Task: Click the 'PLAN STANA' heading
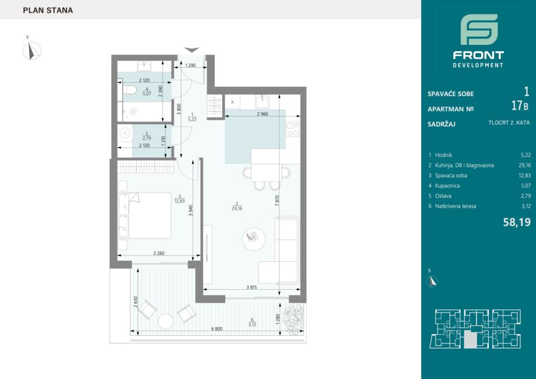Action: tap(48, 10)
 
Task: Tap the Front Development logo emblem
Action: tap(479, 29)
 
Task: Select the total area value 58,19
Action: tap(517, 223)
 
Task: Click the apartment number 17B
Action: tap(520, 106)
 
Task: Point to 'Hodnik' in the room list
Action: tap(443, 155)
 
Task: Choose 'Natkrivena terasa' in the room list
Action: tap(456, 206)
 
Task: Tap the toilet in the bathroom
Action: tap(129, 90)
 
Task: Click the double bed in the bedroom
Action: tap(145, 215)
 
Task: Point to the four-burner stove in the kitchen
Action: tap(293, 129)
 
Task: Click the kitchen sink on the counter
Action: tap(262, 102)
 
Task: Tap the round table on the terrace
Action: tap(166, 321)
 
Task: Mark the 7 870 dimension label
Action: tap(277, 200)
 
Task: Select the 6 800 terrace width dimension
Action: tap(217, 329)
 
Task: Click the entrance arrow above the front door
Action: tap(191, 50)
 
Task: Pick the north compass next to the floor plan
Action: tap(32, 51)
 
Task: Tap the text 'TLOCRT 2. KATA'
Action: tap(509, 122)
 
